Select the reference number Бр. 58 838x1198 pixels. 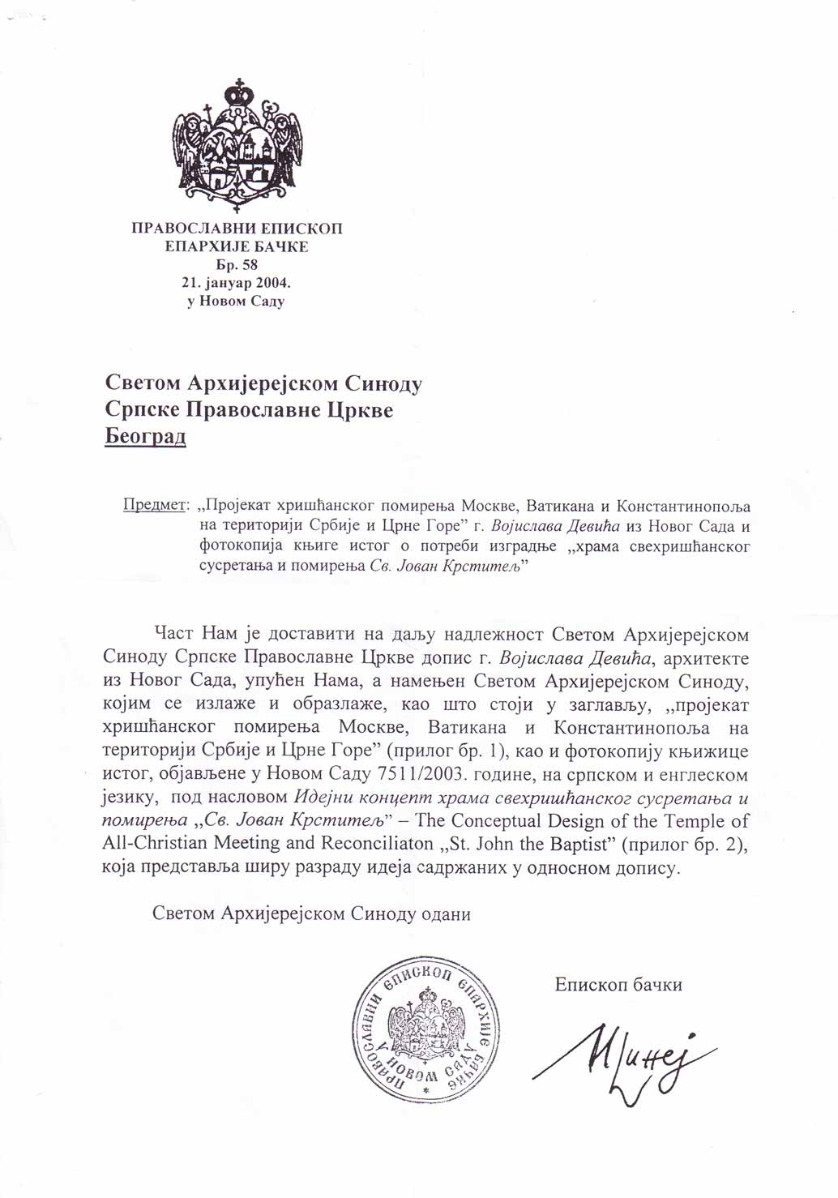tap(237, 265)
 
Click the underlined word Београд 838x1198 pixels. tap(146, 437)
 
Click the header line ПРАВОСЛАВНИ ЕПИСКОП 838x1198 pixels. tap(237, 229)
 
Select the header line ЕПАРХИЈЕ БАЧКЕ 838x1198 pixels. tap(237, 246)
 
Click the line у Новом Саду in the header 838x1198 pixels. tap(237, 302)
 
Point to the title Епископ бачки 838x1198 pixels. tap(618, 985)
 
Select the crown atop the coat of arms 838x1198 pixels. tap(238, 91)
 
